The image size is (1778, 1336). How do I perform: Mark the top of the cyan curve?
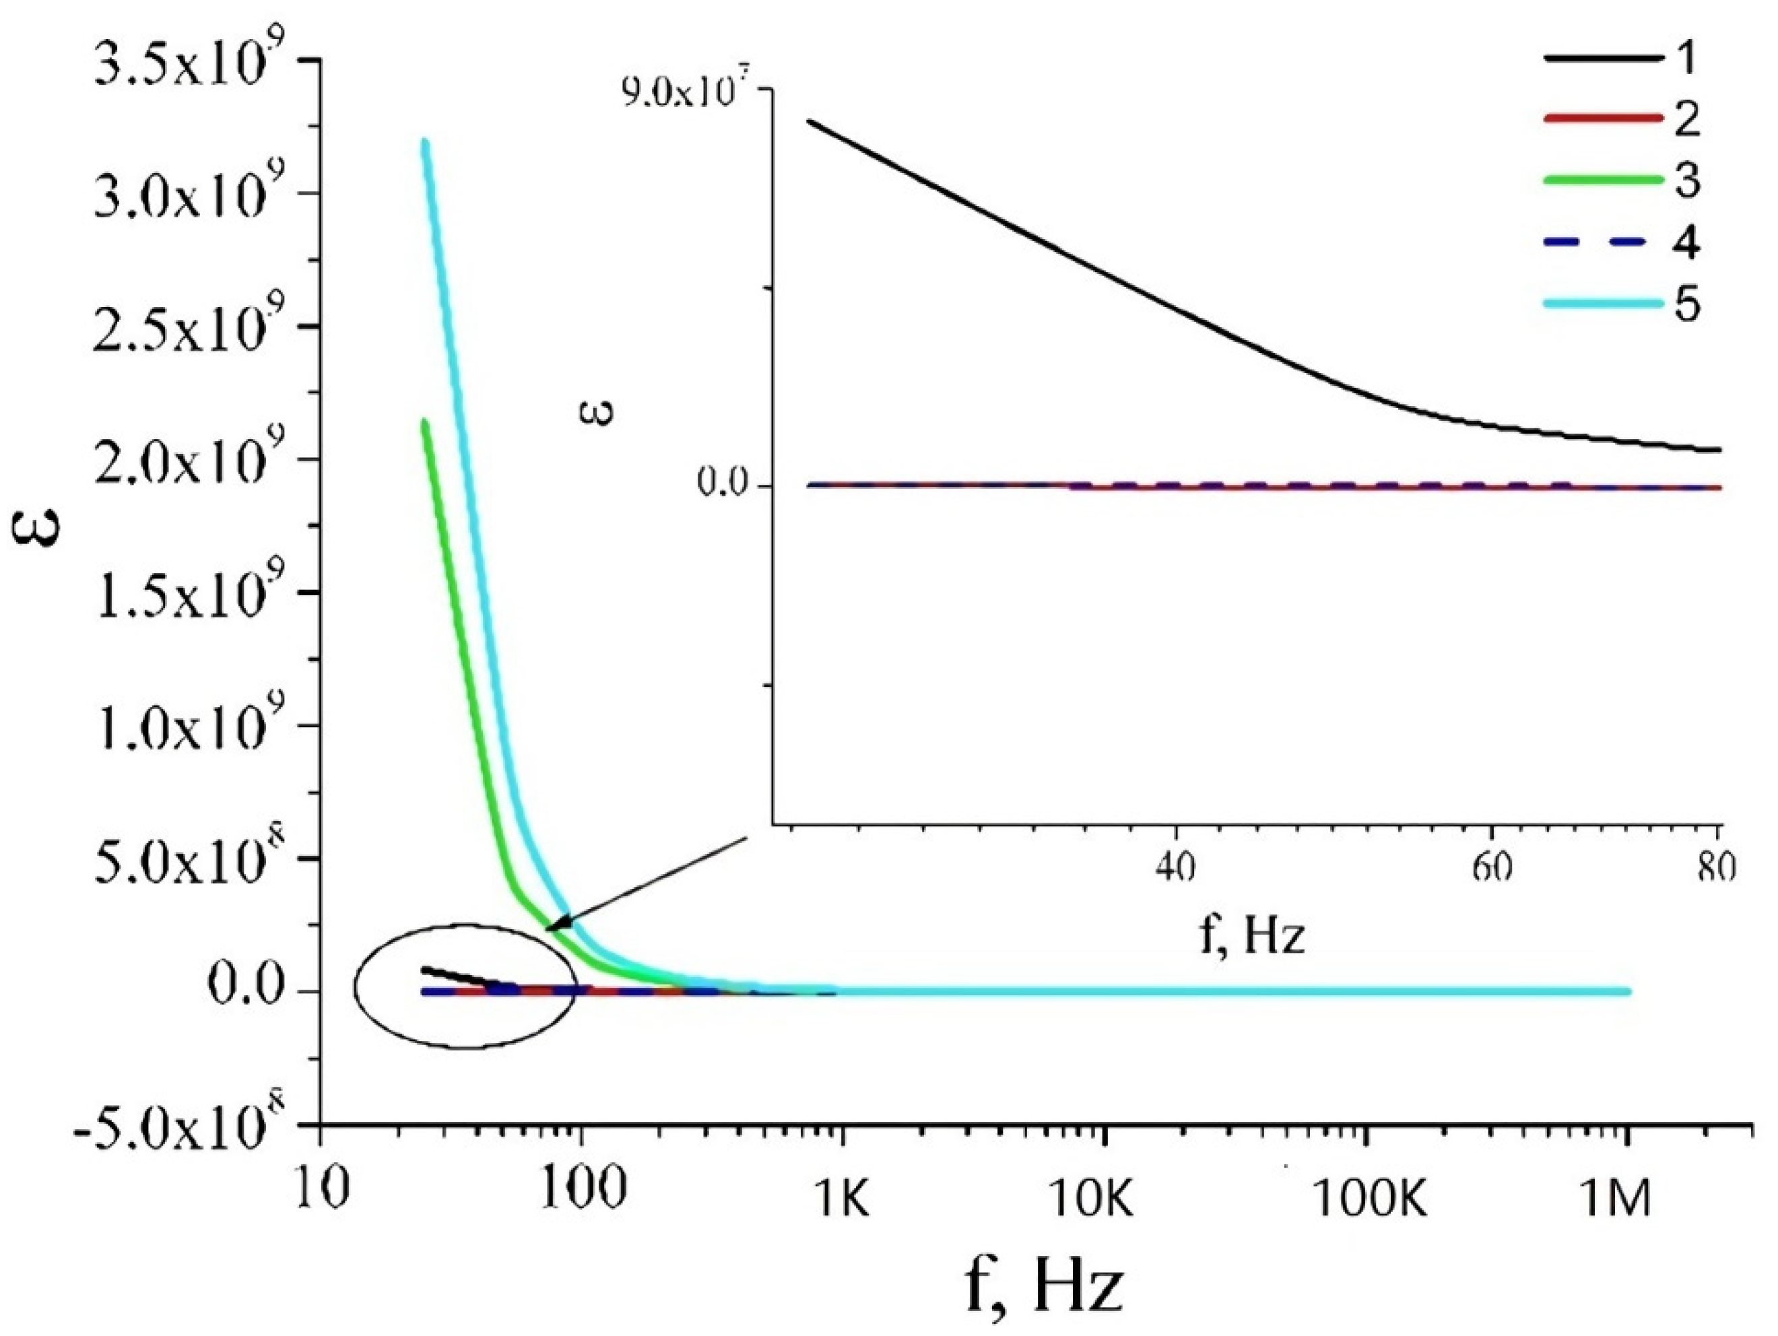[x=425, y=143]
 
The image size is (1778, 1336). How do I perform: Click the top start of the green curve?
[x=424, y=423]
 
